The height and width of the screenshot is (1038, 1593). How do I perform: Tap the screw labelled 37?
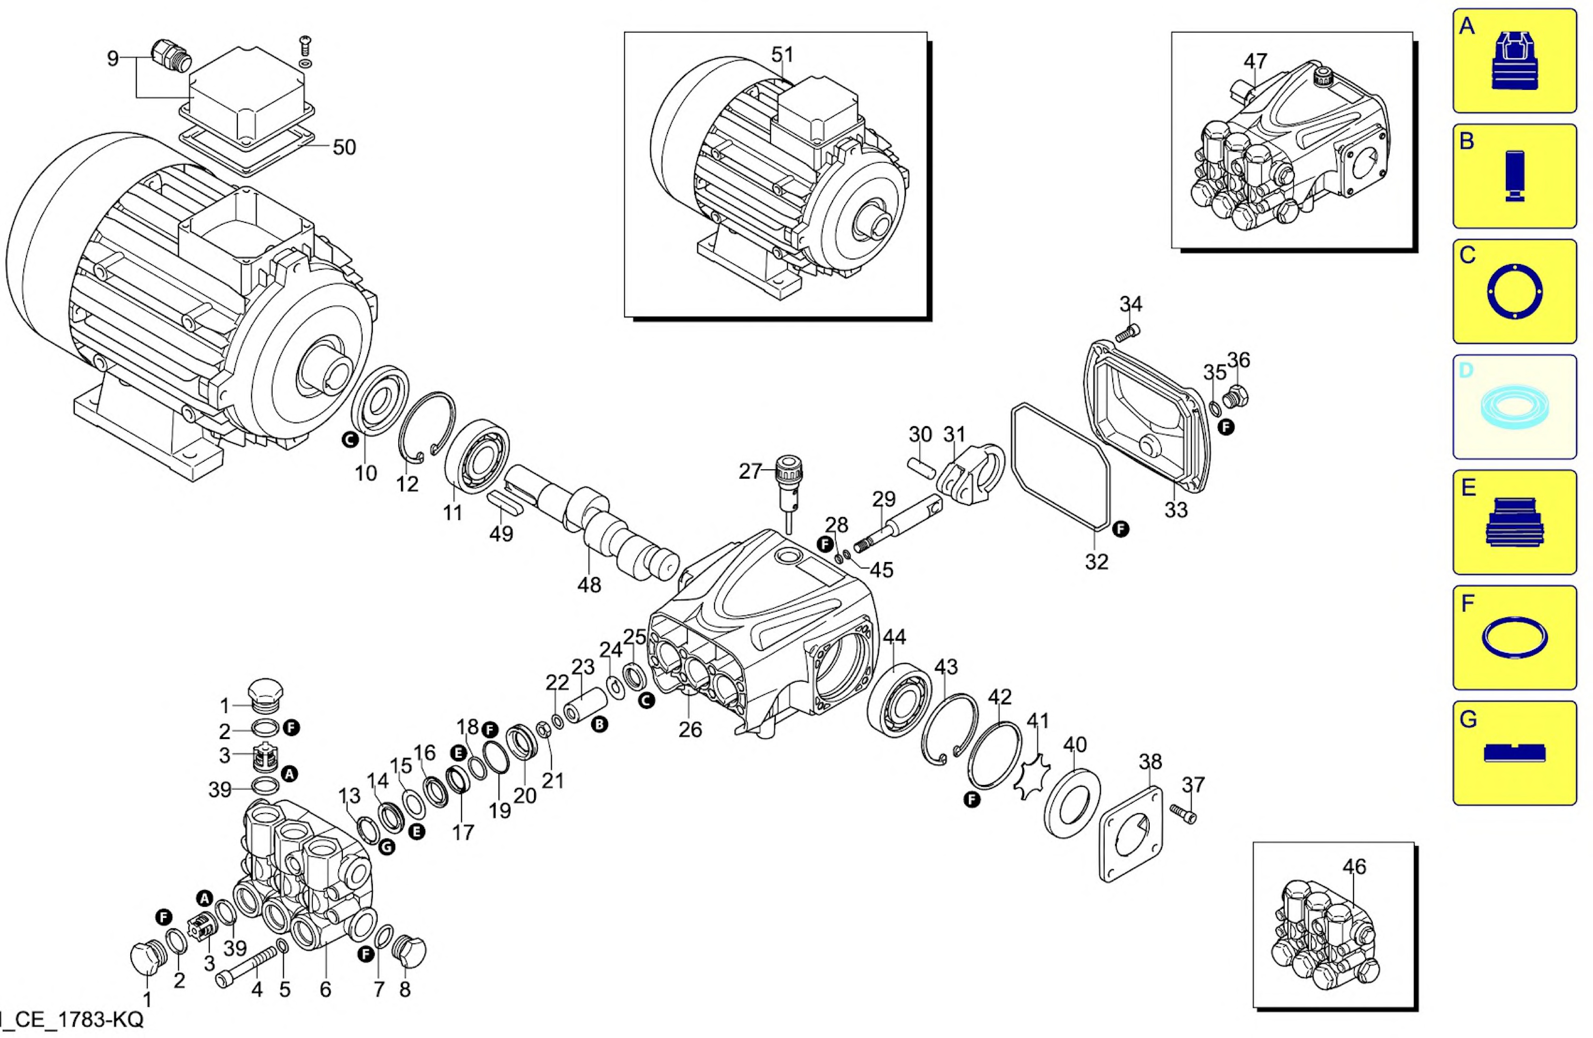click(x=1183, y=813)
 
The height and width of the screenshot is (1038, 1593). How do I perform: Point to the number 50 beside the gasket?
click(x=344, y=147)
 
